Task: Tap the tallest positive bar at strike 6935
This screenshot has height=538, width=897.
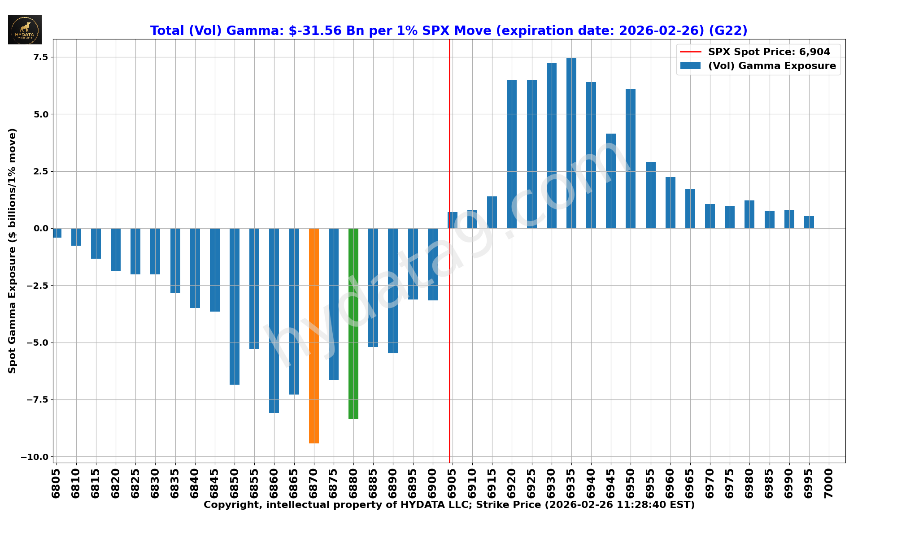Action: [571, 143]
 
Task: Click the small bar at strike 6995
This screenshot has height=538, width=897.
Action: [809, 222]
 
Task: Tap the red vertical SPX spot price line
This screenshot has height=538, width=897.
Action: [449, 359]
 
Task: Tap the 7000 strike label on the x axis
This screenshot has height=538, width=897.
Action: [828, 483]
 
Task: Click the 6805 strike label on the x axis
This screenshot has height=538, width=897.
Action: [56, 483]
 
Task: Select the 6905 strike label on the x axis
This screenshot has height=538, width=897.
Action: [452, 483]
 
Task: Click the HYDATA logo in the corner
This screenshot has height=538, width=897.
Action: [25, 30]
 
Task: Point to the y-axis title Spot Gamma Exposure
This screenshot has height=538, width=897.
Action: [12, 251]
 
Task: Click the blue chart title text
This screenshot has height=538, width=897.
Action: [448, 30]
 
